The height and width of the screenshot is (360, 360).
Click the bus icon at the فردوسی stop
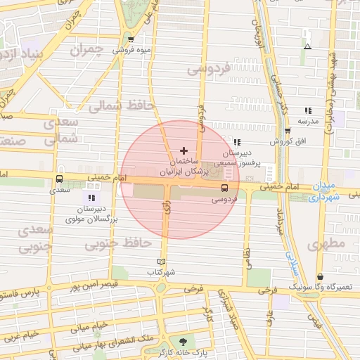coord(224,188)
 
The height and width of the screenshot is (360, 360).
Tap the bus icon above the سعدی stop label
coord(59,179)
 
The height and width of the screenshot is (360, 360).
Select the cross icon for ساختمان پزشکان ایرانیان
coord(184,150)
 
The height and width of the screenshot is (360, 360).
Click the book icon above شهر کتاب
coord(162,262)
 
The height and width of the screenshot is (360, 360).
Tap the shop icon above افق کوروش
coord(288,131)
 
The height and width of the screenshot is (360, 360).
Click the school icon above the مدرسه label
coord(307,110)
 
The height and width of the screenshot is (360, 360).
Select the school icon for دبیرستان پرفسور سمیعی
coord(226,142)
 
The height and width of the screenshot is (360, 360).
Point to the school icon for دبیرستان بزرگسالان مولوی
coord(91,198)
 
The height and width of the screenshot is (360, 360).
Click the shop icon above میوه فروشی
coord(131,39)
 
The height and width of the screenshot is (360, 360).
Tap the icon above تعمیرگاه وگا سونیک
coord(321,277)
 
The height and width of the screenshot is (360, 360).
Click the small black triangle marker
coord(308,47)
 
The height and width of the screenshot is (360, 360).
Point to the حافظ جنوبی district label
coord(118,244)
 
